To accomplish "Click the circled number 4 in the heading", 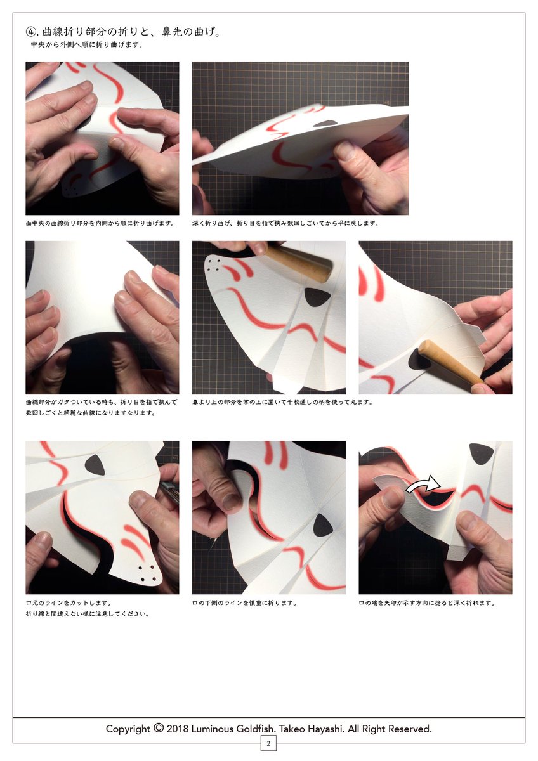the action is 30,32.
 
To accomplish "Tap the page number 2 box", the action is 268,744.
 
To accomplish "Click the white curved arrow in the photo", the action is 423,484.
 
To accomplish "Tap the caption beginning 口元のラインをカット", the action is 69,603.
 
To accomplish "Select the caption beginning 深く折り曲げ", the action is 285,223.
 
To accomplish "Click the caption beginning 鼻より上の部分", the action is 282,402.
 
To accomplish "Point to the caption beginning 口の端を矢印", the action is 427,603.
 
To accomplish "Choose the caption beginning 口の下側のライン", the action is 244,603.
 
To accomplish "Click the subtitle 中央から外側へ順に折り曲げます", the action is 87,45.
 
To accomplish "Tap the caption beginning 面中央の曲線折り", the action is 100,223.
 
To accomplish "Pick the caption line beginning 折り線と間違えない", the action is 88,614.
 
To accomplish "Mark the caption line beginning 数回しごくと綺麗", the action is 90,413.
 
